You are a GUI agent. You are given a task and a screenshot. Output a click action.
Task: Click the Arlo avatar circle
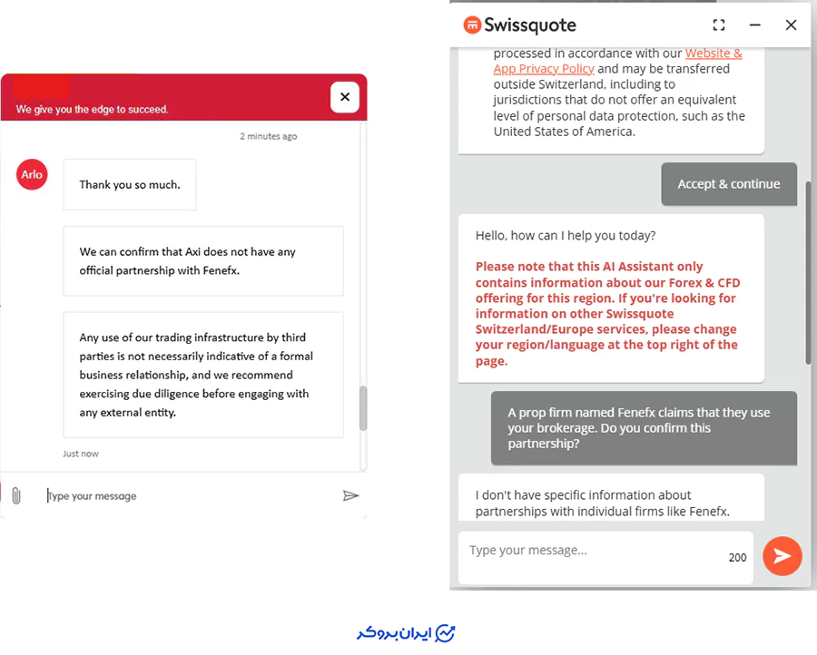pos(32,174)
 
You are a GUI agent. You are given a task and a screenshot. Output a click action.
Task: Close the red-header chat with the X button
pos(345,96)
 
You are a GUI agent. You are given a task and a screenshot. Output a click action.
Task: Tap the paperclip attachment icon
pos(15,495)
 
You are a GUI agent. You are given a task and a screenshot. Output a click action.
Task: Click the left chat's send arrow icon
pos(350,495)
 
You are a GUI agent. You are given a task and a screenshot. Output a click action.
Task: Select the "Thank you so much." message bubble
pos(130,185)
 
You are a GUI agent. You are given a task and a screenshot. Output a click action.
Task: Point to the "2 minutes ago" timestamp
pos(269,136)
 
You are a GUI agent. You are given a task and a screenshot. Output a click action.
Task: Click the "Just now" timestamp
pos(81,454)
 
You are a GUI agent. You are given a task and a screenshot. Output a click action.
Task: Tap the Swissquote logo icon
pos(472,24)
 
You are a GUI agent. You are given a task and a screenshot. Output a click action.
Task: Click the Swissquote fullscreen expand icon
pos(719,25)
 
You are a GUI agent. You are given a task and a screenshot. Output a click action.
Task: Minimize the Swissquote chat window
pos(754,25)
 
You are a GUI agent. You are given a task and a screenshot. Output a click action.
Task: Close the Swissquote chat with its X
pos(791,25)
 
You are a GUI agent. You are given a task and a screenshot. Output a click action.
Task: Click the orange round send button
pos(782,556)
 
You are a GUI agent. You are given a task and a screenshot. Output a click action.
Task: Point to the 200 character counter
pos(737,557)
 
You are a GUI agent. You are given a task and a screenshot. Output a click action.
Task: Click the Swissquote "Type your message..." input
pos(590,551)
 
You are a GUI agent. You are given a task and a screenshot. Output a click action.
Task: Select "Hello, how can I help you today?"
pos(565,236)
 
